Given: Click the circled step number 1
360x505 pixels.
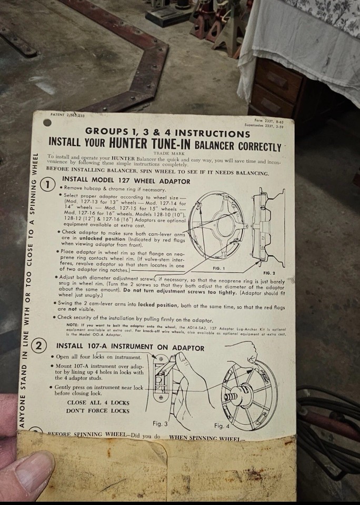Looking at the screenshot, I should point(48,185).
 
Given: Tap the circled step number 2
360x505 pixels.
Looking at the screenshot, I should point(40,347).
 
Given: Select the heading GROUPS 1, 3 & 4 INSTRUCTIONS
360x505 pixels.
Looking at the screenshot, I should point(167,132).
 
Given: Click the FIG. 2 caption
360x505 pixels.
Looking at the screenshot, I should point(269,274).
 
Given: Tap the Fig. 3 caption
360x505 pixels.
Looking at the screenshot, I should point(160,423).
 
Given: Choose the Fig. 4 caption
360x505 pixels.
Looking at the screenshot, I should point(222,425).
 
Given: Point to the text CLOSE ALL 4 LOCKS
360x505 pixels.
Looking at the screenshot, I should point(98,402).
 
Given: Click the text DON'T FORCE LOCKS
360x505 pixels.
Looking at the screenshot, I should point(98,410).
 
